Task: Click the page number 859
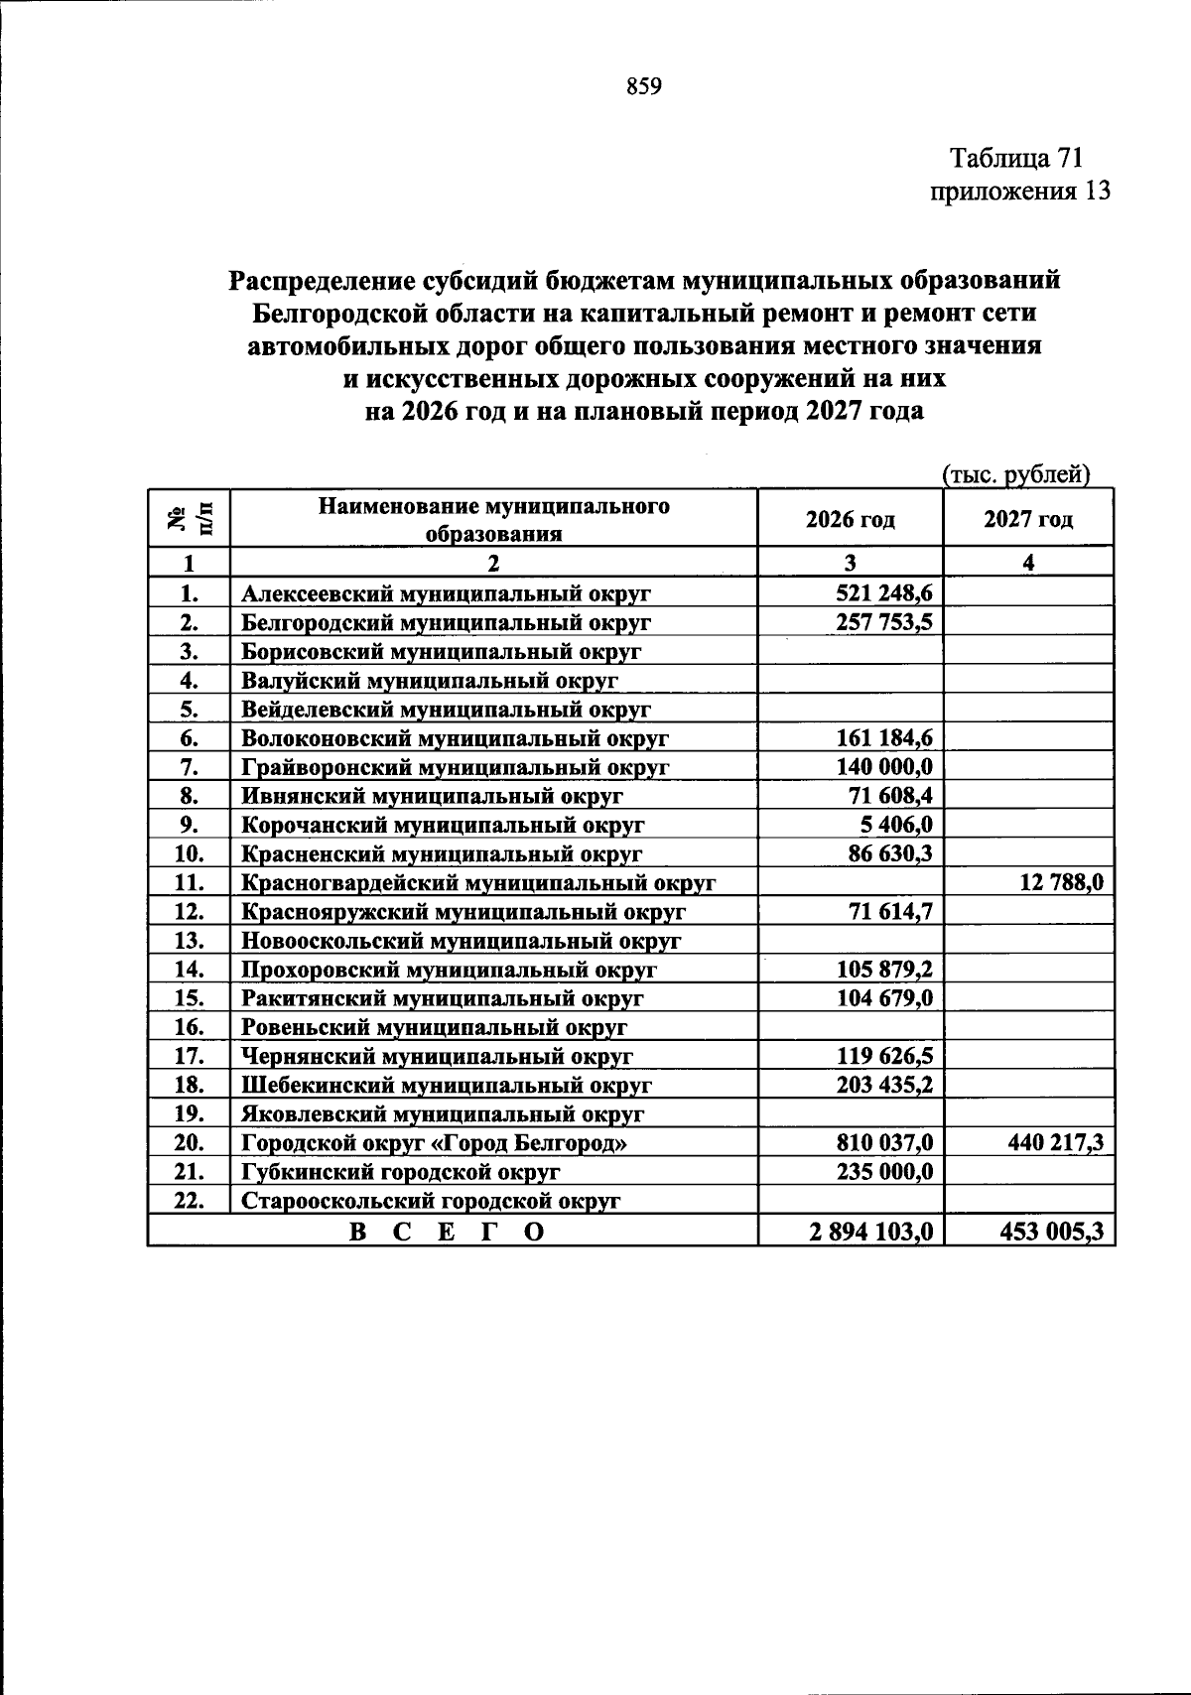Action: [643, 86]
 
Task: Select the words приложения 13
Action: [1018, 191]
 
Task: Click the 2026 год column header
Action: [850, 519]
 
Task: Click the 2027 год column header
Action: [1028, 519]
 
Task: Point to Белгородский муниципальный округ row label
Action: [446, 623]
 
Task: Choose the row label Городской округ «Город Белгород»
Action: [435, 1143]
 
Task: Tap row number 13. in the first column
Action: [189, 940]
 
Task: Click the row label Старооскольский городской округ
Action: [431, 1201]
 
